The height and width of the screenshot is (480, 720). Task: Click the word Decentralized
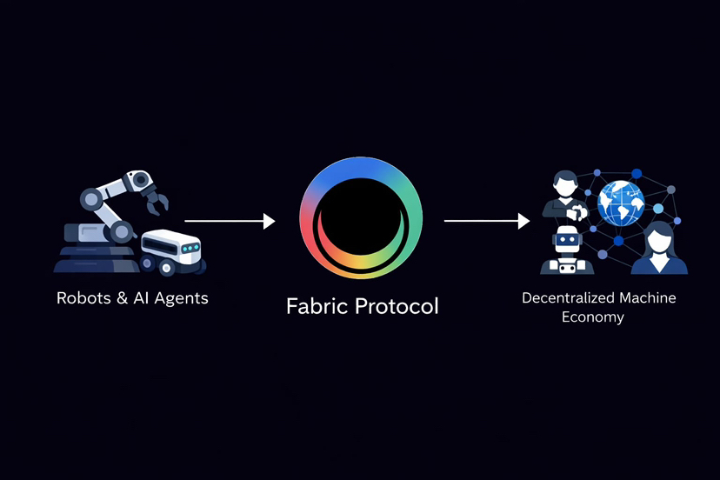tap(568, 297)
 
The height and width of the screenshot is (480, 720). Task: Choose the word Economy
tap(593, 317)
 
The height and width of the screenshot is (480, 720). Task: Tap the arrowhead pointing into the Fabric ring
tap(270, 222)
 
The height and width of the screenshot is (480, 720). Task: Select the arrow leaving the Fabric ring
tap(487, 222)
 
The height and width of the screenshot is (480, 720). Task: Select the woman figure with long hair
tap(658, 248)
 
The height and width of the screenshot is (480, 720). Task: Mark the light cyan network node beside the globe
tap(658, 209)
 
